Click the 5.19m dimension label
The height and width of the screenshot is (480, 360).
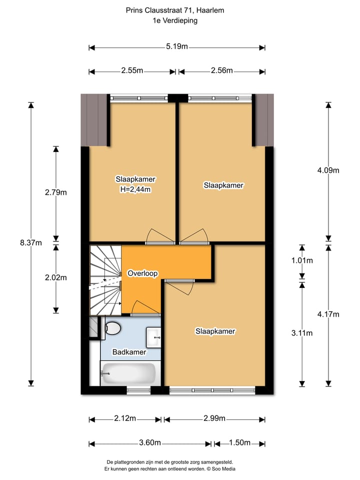point(177,47)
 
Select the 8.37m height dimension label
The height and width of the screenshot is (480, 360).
point(31,243)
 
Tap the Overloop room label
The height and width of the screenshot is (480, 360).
point(142,273)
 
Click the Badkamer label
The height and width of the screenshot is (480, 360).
point(129,352)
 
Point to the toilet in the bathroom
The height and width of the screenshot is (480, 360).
point(113,328)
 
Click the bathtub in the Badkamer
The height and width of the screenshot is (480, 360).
point(128,373)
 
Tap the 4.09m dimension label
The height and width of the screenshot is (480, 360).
point(328,170)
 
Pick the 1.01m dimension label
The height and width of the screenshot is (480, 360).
point(302,260)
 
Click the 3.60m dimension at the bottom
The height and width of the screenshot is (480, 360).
point(150,443)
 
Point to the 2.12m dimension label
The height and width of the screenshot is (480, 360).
point(125,418)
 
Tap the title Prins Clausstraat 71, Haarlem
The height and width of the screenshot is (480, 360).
point(175,10)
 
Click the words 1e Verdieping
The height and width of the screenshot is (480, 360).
point(175,20)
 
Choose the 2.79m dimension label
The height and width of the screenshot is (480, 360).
point(56,192)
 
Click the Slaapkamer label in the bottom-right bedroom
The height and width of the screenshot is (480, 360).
point(215,331)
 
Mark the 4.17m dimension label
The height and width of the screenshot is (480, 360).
point(328,314)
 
